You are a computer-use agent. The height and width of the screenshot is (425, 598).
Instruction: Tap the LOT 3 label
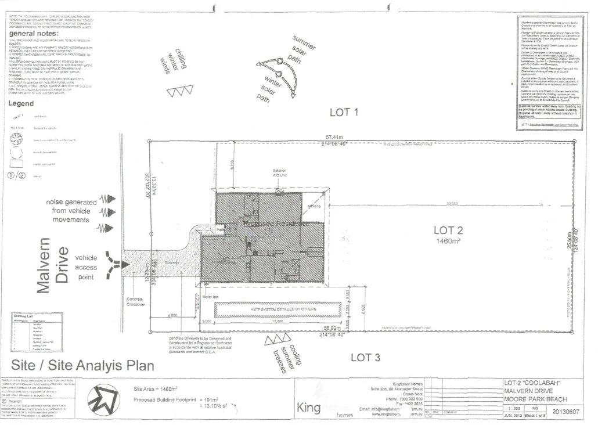[x=366, y=357]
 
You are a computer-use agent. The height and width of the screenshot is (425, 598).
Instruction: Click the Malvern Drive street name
[x=53, y=265]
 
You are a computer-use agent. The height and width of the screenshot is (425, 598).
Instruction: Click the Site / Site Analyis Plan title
[x=80, y=365]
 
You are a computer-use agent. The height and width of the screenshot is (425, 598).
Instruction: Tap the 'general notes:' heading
[x=33, y=34]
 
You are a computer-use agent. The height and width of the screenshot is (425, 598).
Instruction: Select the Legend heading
[x=22, y=103]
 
